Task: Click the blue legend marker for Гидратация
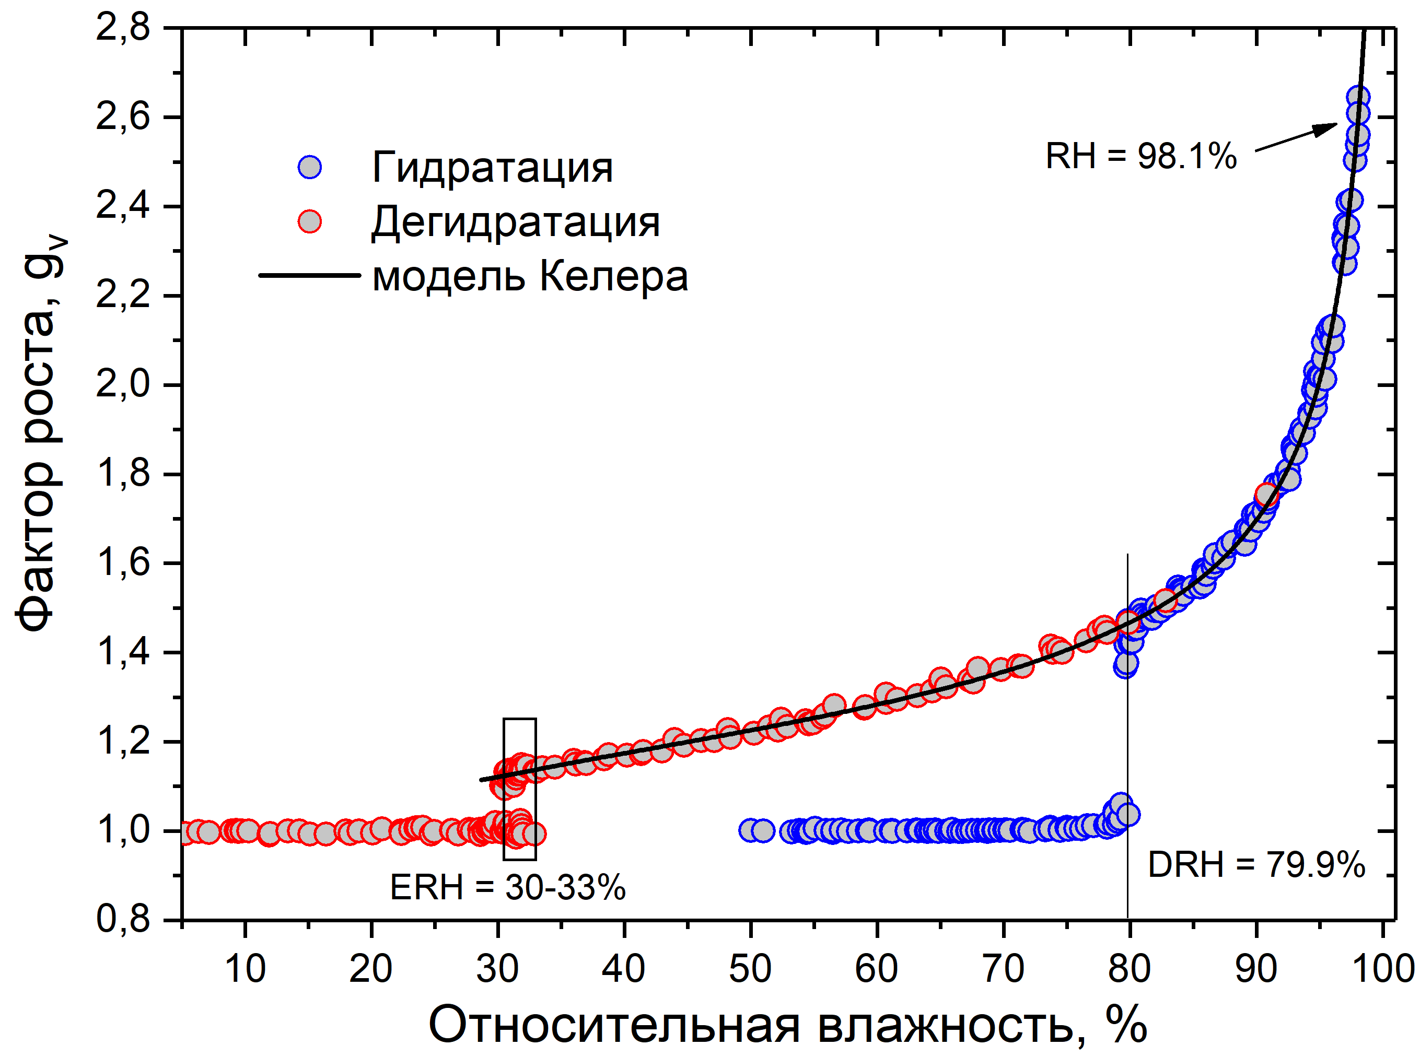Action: click(310, 167)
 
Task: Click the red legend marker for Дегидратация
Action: click(310, 222)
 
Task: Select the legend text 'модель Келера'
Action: click(530, 276)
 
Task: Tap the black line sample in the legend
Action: click(310, 276)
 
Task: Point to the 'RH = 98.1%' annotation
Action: click(1141, 156)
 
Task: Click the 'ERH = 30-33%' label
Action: click(507, 887)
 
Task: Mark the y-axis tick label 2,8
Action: click(123, 28)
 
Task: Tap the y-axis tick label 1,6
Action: click(123, 563)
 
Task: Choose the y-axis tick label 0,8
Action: click(123, 920)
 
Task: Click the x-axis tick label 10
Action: click(245, 969)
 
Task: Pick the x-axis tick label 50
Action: click(750, 969)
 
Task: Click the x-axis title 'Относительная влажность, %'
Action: click(787, 1025)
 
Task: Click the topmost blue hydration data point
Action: click(1358, 97)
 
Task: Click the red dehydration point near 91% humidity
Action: click(1266, 495)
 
